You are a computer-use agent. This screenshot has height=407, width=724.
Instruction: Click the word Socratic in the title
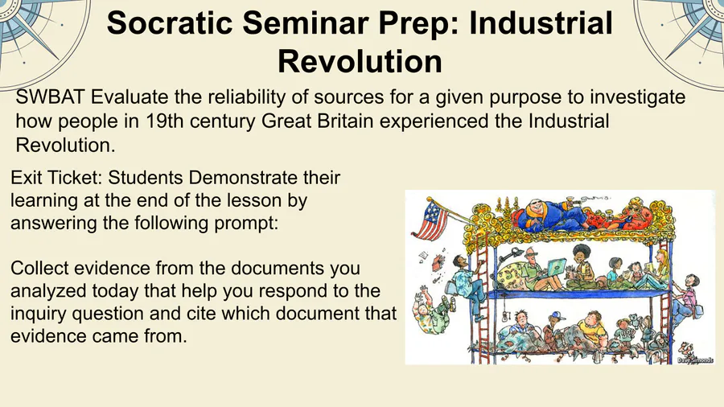coord(170,23)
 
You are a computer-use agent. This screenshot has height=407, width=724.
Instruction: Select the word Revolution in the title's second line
coord(360,61)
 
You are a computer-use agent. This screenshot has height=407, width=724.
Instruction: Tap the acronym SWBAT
coord(51,97)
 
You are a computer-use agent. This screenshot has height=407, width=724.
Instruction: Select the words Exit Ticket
coord(56,178)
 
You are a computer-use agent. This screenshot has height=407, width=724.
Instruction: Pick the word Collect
coord(39,268)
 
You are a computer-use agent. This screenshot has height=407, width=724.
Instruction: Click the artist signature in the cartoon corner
coord(694,360)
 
